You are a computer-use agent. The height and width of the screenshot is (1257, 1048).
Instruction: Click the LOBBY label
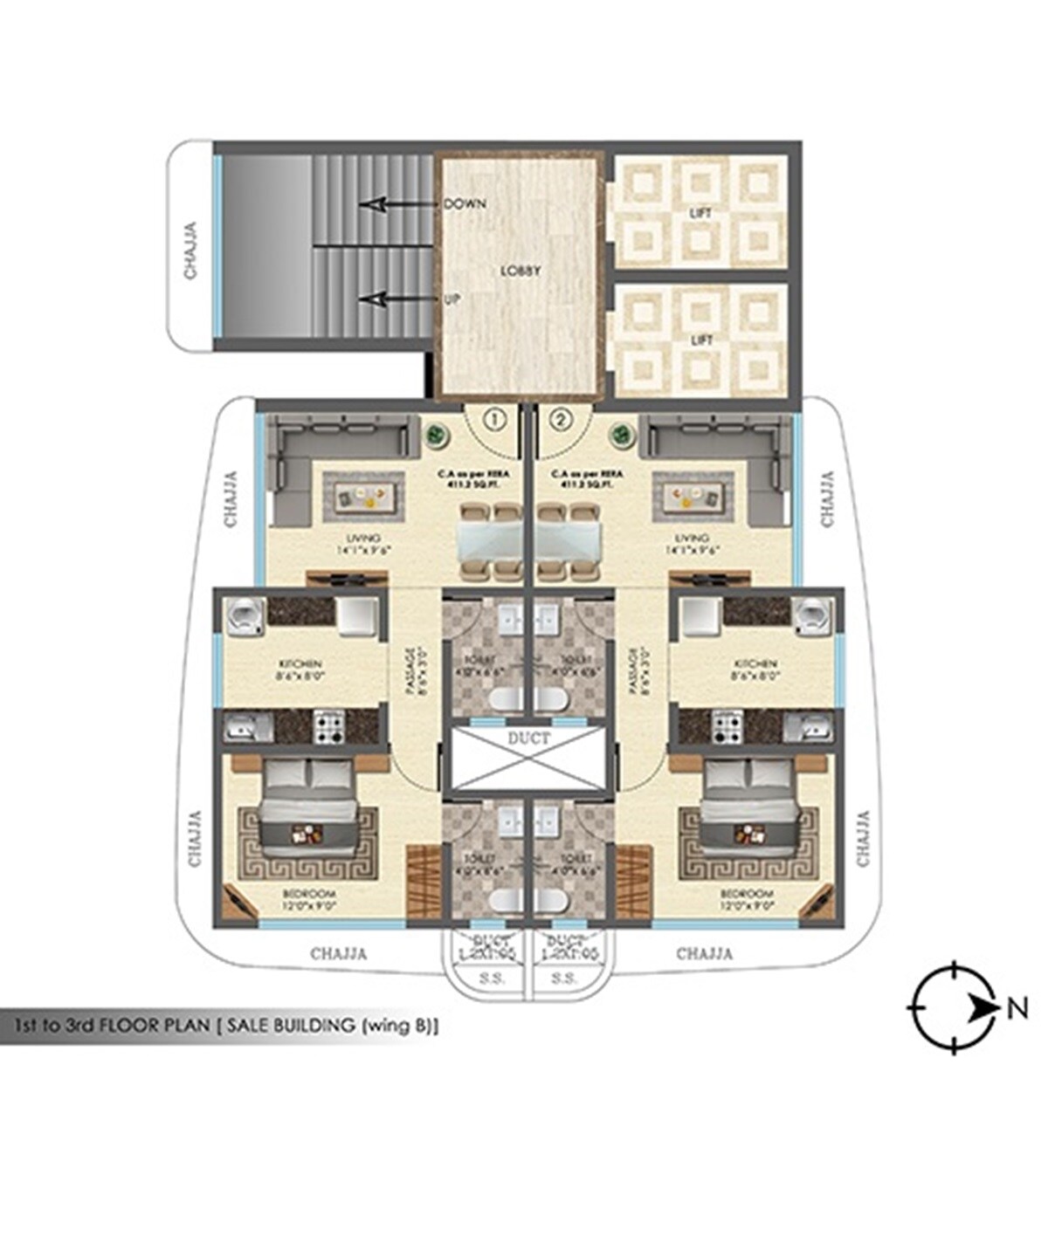click(x=521, y=271)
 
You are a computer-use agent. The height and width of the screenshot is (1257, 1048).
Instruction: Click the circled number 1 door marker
click(x=495, y=420)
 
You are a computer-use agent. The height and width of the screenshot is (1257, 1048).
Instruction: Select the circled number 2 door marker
click(x=561, y=420)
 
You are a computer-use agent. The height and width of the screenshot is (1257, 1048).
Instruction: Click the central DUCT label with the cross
click(x=528, y=738)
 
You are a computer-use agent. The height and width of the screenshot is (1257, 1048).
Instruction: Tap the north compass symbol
click(x=956, y=1008)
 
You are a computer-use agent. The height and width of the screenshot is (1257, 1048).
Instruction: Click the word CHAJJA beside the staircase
click(x=190, y=251)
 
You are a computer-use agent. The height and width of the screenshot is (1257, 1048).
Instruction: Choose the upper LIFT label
click(x=700, y=213)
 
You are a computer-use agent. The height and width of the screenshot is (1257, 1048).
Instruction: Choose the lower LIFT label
click(x=700, y=340)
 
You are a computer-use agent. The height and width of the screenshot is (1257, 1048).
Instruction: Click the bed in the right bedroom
click(x=750, y=803)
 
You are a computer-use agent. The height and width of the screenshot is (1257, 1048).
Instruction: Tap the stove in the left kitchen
click(x=329, y=726)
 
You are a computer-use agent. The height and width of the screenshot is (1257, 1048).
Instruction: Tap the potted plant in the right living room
click(x=622, y=433)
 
